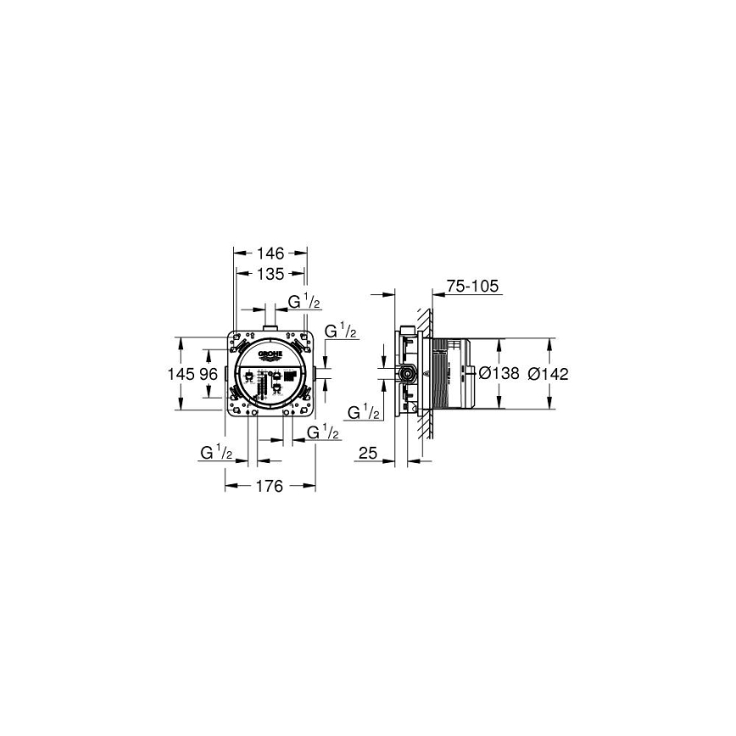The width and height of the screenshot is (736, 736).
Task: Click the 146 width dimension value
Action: tap(270, 253)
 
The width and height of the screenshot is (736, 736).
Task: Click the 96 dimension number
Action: tap(209, 374)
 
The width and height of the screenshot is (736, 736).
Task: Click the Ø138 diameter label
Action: tap(499, 374)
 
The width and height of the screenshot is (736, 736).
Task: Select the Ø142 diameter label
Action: tap(547, 374)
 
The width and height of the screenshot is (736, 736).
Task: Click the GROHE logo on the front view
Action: tap(269, 355)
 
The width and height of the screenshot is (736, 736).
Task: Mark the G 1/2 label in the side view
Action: tap(363, 413)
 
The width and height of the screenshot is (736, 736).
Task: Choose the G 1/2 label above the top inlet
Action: tap(304, 302)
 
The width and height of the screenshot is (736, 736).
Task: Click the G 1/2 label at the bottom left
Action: tap(217, 453)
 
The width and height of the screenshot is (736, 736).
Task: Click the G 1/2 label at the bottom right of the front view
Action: tap(323, 433)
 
